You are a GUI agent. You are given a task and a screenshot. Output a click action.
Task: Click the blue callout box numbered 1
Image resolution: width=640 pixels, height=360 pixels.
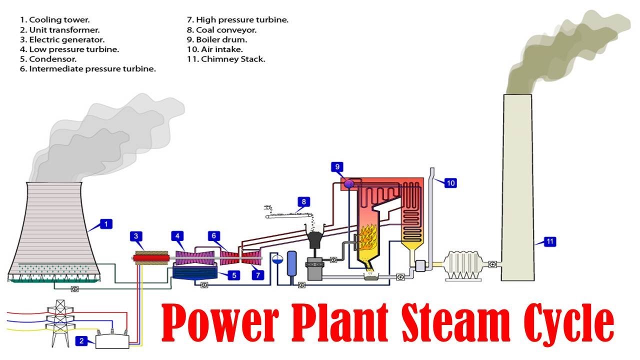coord(105,224)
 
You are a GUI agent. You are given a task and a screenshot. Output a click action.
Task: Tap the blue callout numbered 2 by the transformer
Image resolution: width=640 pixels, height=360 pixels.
coord(81,341)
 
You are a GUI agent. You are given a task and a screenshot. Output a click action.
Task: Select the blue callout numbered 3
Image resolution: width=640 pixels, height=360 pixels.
coord(135,236)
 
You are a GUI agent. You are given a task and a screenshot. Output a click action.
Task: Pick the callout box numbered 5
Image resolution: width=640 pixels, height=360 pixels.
coord(233,274)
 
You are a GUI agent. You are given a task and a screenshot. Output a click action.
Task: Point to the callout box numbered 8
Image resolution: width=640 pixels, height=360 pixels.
coord(303,202)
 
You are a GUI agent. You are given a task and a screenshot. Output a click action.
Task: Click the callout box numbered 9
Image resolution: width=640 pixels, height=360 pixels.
coord(337,166)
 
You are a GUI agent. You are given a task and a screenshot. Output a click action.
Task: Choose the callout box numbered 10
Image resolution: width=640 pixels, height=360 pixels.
coord(450,183)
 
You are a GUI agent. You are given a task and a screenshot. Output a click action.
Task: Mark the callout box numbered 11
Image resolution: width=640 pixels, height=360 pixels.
coord(549,242)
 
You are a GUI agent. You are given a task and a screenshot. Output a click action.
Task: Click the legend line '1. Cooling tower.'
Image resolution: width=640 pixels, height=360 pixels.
coord(54,20)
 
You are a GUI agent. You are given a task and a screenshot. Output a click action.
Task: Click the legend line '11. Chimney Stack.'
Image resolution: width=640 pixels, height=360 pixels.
coord(225,59)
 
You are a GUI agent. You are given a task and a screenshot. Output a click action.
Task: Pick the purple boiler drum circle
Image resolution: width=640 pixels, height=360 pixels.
coord(349,183)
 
